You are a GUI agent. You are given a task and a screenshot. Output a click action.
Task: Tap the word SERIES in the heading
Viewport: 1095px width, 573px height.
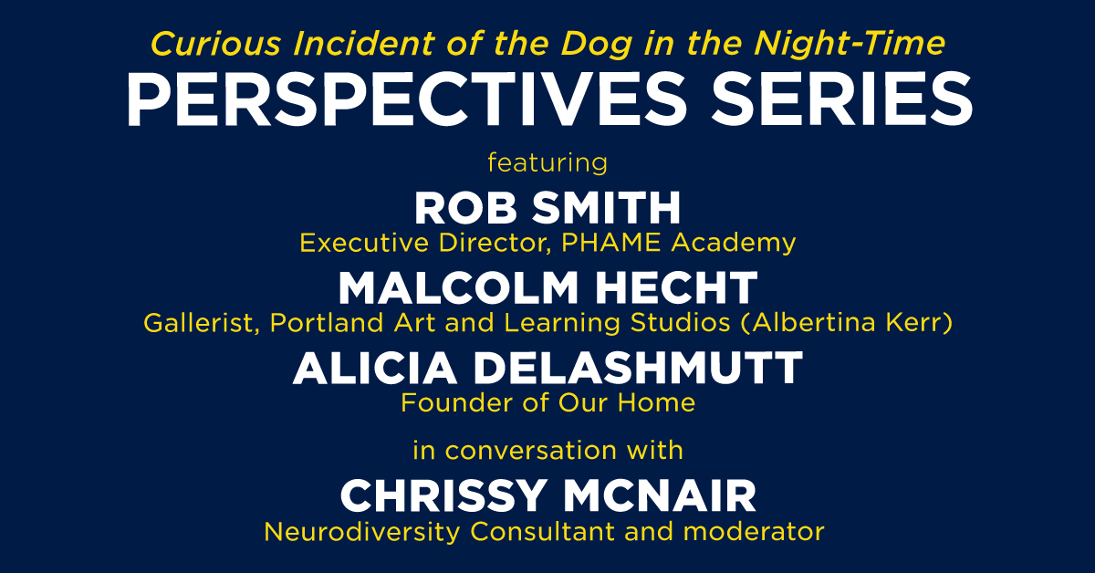841,99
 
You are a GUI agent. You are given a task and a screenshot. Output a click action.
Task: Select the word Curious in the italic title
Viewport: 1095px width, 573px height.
215,44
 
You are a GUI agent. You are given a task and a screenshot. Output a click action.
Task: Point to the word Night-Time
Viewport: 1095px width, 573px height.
850,45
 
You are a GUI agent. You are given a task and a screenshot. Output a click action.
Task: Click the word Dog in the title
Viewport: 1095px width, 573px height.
596,45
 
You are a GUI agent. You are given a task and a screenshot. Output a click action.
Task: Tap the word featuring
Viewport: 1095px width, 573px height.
547,162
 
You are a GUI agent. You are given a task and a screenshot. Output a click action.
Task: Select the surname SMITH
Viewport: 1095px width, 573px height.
606,208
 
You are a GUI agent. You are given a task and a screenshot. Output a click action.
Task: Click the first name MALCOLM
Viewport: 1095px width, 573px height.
458,288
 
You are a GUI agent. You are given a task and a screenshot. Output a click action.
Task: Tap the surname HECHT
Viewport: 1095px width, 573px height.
676,288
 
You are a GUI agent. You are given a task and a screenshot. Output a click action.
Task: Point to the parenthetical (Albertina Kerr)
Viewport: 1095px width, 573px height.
847,323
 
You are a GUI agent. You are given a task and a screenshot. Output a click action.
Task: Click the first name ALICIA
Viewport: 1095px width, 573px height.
375,368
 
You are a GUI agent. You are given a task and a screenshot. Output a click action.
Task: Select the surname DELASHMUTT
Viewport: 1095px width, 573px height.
638,368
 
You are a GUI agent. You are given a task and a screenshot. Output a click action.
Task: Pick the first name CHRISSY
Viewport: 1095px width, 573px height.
443,496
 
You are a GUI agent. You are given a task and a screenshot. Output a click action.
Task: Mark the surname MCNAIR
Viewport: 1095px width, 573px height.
660,496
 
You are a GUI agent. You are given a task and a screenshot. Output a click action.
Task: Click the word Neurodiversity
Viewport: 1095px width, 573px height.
361,532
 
